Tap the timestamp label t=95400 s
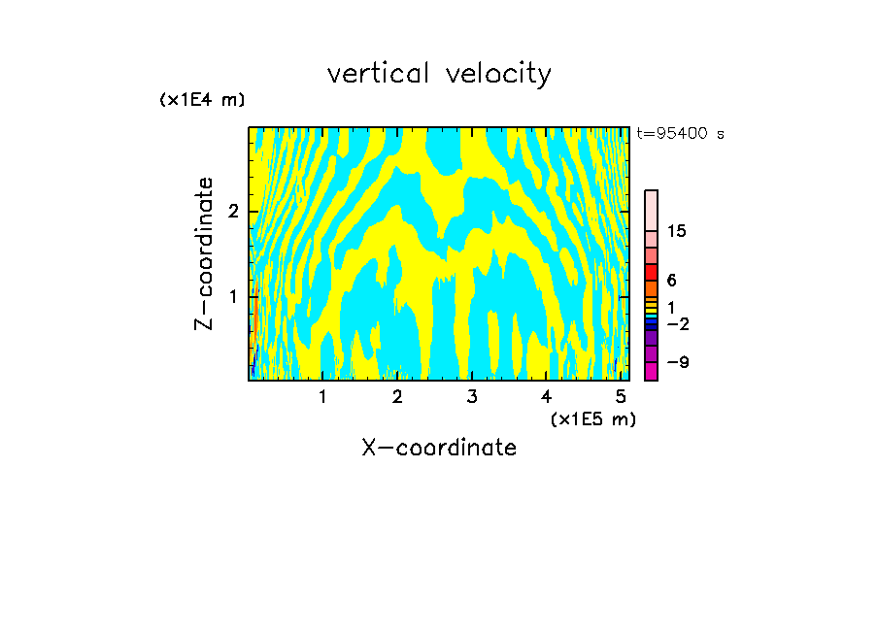[x=680, y=133]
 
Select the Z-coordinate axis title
[x=204, y=253]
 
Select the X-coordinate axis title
[x=439, y=448]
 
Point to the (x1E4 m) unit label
[x=202, y=100]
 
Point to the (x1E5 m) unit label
[x=592, y=418]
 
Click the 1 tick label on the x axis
[x=322, y=397]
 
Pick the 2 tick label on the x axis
[x=397, y=397]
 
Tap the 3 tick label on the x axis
[x=472, y=397]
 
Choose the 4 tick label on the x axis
[x=547, y=397]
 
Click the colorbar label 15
[x=677, y=231]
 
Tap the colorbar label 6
[x=671, y=281]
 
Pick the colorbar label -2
[x=677, y=324]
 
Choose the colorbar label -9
[x=677, y=362]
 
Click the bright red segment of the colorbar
[x=652, y=272]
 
